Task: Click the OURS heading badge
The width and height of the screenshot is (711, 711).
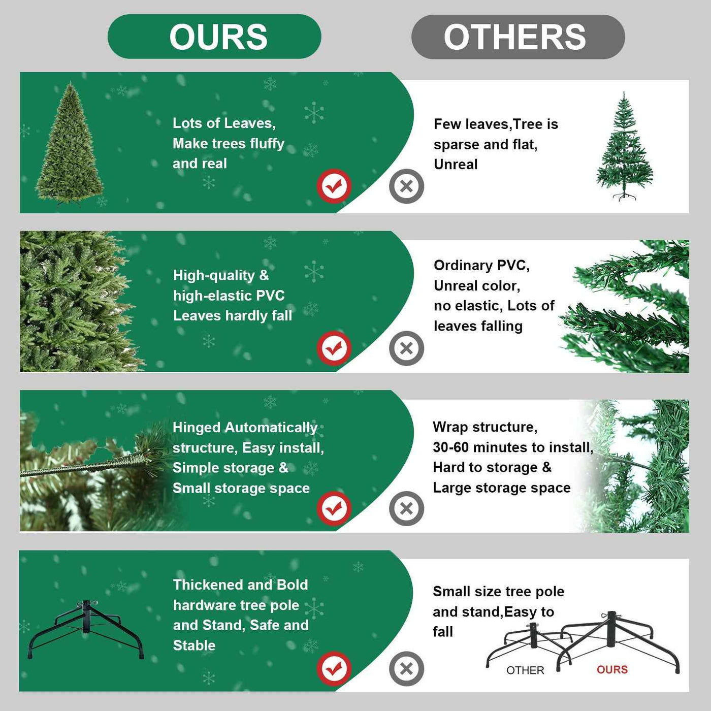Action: [214, 37]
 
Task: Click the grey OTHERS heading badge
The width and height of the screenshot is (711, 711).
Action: [518, 37]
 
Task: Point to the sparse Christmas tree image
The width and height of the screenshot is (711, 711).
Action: [624, 147]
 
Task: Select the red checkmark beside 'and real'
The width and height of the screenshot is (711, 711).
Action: [334, 186]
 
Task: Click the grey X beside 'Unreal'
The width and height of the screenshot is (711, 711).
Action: [406, 186]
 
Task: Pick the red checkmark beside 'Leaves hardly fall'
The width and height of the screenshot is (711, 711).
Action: [334, 348]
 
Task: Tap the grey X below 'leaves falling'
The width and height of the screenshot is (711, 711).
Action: [406, 348]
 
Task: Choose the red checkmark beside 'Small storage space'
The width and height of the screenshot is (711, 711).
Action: [334, 508]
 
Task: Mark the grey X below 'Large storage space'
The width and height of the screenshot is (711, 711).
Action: [406, 508]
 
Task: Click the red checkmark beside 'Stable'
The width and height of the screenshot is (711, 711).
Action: [334, 668]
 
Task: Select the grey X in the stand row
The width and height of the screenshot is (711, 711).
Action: [406, 668]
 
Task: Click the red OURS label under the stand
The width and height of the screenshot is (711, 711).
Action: [612, 670]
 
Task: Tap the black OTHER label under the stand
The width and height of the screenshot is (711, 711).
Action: [525, 670]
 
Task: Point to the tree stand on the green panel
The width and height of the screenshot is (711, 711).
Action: [86, 629]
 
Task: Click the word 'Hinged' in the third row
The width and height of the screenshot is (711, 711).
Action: [197, 428]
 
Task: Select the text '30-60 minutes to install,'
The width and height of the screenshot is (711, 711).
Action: [513, 447]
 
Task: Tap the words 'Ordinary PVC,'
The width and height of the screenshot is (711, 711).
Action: [481, 266]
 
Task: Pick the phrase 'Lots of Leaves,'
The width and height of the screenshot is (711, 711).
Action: [224, 123]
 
